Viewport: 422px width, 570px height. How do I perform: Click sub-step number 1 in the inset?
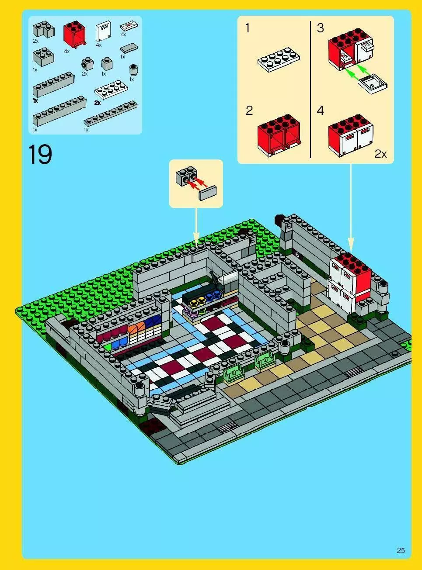coord(248,28)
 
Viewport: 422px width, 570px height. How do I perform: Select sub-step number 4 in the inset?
coord(320,111)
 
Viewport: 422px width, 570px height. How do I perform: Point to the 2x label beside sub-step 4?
coord(380,154)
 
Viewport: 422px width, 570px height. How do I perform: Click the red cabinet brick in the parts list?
coord(75,35)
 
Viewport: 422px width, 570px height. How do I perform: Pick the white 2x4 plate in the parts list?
coord(111,90)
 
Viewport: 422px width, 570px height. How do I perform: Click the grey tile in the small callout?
coord(207,193)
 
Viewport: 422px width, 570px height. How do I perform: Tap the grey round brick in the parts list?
coord(133,69)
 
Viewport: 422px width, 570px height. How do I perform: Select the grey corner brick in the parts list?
coord(43,29)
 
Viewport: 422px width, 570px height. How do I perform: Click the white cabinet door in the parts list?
coord(104,31)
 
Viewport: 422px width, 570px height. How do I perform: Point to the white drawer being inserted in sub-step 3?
coord(372,84)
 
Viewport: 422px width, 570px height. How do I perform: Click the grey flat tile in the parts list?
coord(129,48)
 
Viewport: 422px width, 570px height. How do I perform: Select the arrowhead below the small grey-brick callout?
coord(196,239)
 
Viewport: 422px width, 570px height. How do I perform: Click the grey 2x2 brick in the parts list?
coord(43,57)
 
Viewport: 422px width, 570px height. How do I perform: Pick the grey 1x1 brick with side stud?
coord(87,64)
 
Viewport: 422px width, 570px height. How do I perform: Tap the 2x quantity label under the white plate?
coord(97,103)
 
